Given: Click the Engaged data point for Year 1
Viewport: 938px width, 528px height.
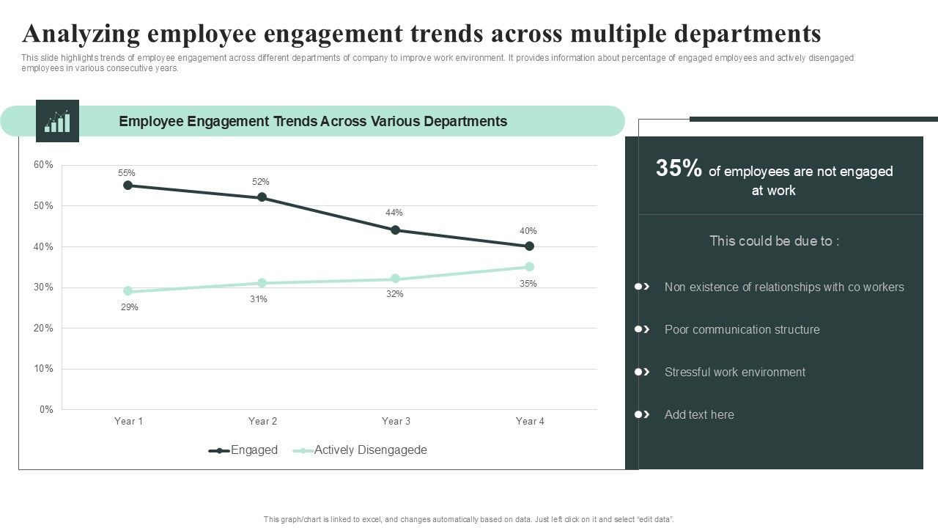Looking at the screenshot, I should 128,186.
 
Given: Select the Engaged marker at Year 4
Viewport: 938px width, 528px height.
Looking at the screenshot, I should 529,246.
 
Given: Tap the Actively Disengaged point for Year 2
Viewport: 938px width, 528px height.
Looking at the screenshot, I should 262,283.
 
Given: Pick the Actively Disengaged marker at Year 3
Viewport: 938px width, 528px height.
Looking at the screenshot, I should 396,279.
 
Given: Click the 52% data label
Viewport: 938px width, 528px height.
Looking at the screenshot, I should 261,182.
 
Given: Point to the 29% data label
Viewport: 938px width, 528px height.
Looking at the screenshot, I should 130,307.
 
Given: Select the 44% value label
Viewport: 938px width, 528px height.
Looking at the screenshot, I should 394,213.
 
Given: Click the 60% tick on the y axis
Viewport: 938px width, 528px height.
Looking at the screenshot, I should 43,165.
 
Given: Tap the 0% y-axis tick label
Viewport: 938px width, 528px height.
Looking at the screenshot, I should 45,409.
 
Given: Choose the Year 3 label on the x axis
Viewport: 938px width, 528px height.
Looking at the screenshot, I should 396,421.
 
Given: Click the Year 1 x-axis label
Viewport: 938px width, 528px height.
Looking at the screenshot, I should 128,421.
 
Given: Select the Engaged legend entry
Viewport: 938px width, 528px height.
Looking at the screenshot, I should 254,450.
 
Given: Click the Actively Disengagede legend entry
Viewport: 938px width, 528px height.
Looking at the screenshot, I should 370,450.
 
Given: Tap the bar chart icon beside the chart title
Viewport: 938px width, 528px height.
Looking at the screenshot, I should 57,121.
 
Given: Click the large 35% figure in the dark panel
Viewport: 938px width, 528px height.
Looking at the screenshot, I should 679,169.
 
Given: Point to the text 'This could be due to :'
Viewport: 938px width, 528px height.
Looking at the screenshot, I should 774,241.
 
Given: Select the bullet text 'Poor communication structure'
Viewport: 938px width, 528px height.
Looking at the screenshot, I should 742,329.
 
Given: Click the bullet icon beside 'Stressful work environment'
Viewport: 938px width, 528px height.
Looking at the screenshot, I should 642,372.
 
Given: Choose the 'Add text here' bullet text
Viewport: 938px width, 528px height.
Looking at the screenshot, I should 698,414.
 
